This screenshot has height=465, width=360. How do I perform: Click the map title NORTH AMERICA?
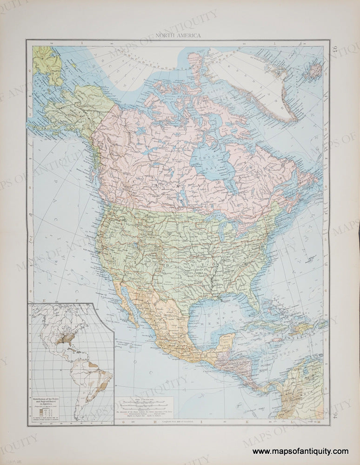tap(179, 35)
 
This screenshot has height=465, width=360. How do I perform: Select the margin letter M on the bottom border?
tap(319, 422)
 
